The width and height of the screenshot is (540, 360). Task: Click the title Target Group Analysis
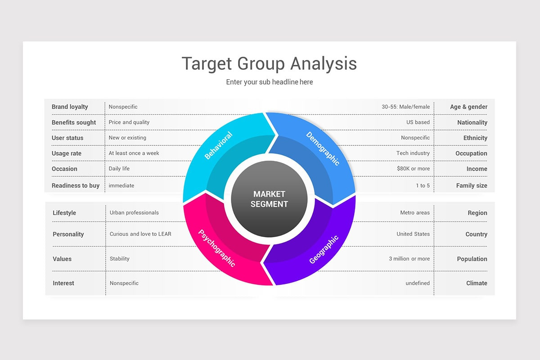point(269,64)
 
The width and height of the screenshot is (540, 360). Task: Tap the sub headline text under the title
point(269,82)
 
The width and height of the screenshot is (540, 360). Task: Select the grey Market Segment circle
point(269,199)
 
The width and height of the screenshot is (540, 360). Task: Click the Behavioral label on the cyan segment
point(218,145)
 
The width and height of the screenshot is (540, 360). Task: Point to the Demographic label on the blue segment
point(323,148)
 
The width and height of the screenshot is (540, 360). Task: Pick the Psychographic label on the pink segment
point(216,248)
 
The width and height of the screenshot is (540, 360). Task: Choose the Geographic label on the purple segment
point(324,249)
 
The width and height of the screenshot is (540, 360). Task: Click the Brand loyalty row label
point(70,107)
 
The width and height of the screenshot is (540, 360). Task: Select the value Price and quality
point(129,122)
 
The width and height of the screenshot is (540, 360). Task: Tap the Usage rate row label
point(67,153)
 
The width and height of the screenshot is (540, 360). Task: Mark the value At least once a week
point(134,153)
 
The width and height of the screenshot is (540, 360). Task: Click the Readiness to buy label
point(76,185)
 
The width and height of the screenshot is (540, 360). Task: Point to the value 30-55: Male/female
point(406,107)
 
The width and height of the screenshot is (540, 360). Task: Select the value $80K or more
point(414,169)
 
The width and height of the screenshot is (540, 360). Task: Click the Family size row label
point(472,185)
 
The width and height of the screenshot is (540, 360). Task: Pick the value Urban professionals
point(134,213)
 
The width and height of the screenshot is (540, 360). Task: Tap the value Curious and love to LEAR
point(140,234)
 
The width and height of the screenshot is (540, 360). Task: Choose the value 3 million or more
point(409,259)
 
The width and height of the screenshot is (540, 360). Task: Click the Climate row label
point(477,283)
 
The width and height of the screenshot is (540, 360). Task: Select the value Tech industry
point(413,153)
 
